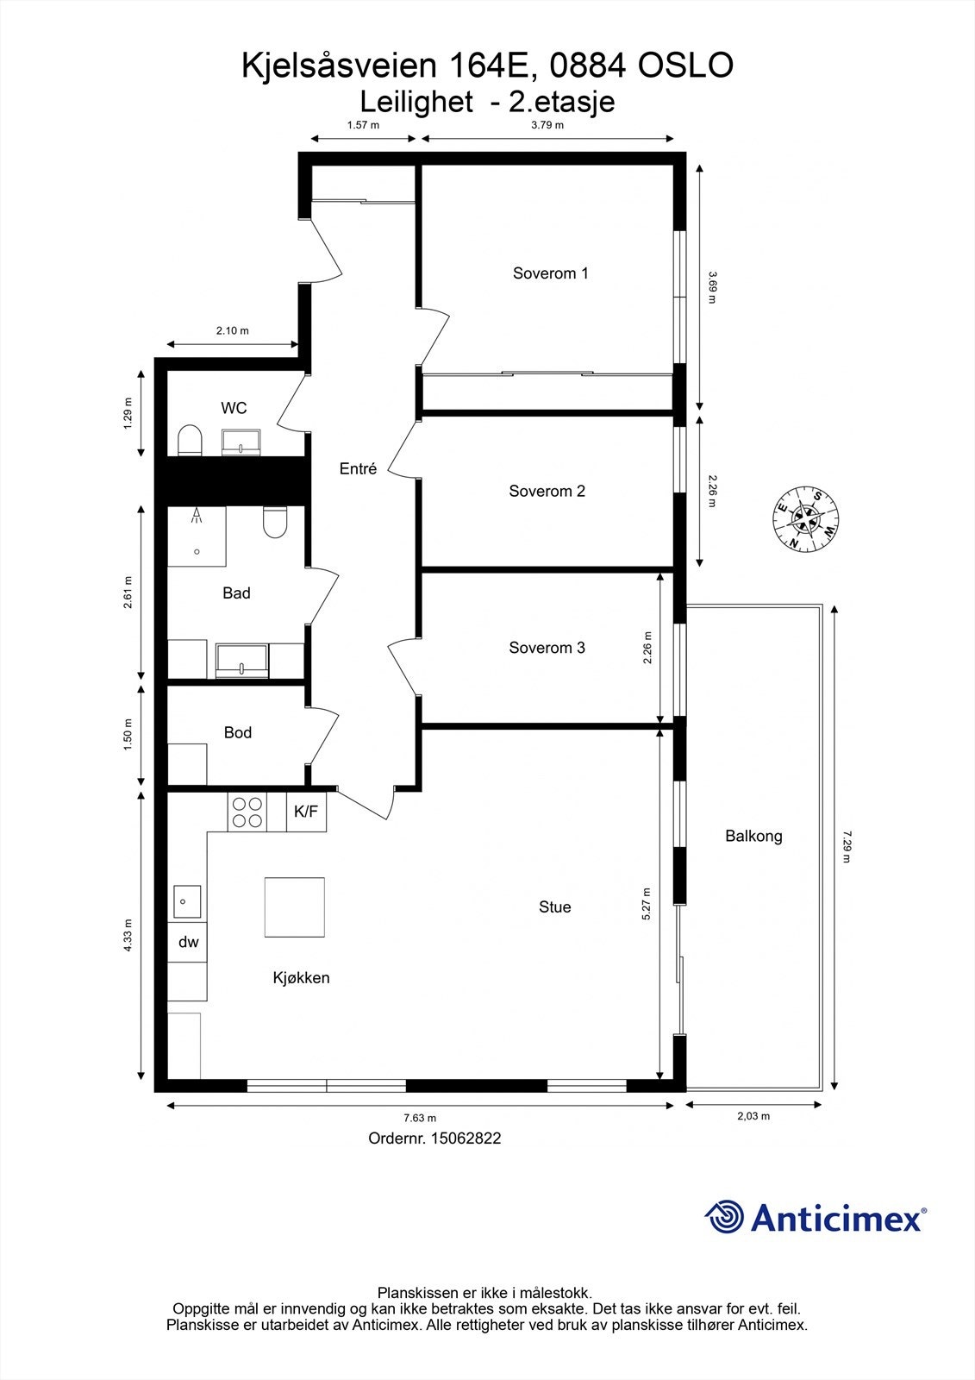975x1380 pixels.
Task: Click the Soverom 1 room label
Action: point(550,273)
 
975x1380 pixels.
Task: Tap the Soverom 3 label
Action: point(547,648)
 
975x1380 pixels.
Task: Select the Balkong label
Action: point(753,836)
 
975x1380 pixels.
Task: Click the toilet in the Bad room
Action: point(275,522)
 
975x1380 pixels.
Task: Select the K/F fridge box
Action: point(306,812)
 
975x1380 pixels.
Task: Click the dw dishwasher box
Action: point(188,942)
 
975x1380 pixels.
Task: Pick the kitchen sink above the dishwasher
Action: point(186,901)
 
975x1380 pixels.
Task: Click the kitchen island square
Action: point(295,907)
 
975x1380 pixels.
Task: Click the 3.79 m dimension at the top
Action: point(547,125)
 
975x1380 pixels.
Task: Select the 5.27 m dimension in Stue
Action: point(647,905)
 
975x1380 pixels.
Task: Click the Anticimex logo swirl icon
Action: point(724,1217)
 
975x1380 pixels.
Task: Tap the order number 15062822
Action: point(466,1138)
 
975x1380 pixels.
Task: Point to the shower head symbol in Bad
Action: point(197,516)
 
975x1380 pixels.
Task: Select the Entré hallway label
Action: point(358,469)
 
